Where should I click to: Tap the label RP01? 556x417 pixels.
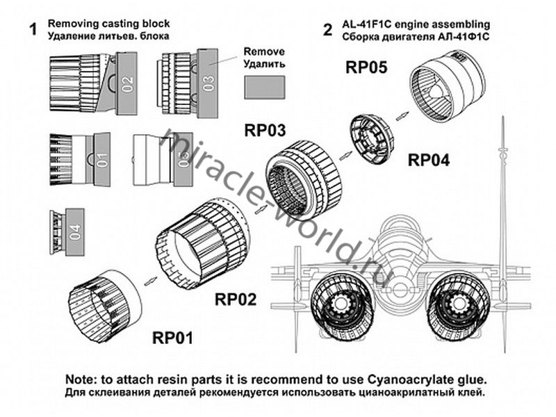[x=172, y=338]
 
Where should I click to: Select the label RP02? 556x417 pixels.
[x=236, y=300]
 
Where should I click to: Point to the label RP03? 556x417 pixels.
[x=265, y=130]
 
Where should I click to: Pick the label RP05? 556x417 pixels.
[x=368, y=67]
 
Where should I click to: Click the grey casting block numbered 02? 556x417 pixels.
[x=126, y=84]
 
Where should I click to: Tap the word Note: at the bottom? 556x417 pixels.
[x=83, y=379]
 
